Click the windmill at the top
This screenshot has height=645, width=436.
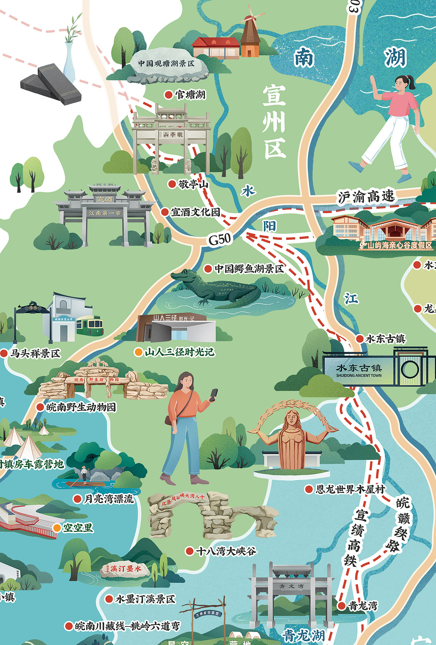[250, 34]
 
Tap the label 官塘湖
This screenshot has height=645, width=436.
[190, 94]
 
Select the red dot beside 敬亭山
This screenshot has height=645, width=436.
[172, 184]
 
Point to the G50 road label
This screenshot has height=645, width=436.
[220, 239]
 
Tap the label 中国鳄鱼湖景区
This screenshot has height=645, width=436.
[249, 269]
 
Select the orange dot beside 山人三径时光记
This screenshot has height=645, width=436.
[138, 352]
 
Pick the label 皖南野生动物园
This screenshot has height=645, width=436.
[81, 407]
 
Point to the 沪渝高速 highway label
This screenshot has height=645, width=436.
[366, 197]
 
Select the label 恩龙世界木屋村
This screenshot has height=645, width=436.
[350, 489]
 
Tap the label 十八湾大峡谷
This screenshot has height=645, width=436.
[226, 551]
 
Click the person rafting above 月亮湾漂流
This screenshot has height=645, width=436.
[84, 474]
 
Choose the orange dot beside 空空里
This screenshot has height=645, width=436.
[57, 528]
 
